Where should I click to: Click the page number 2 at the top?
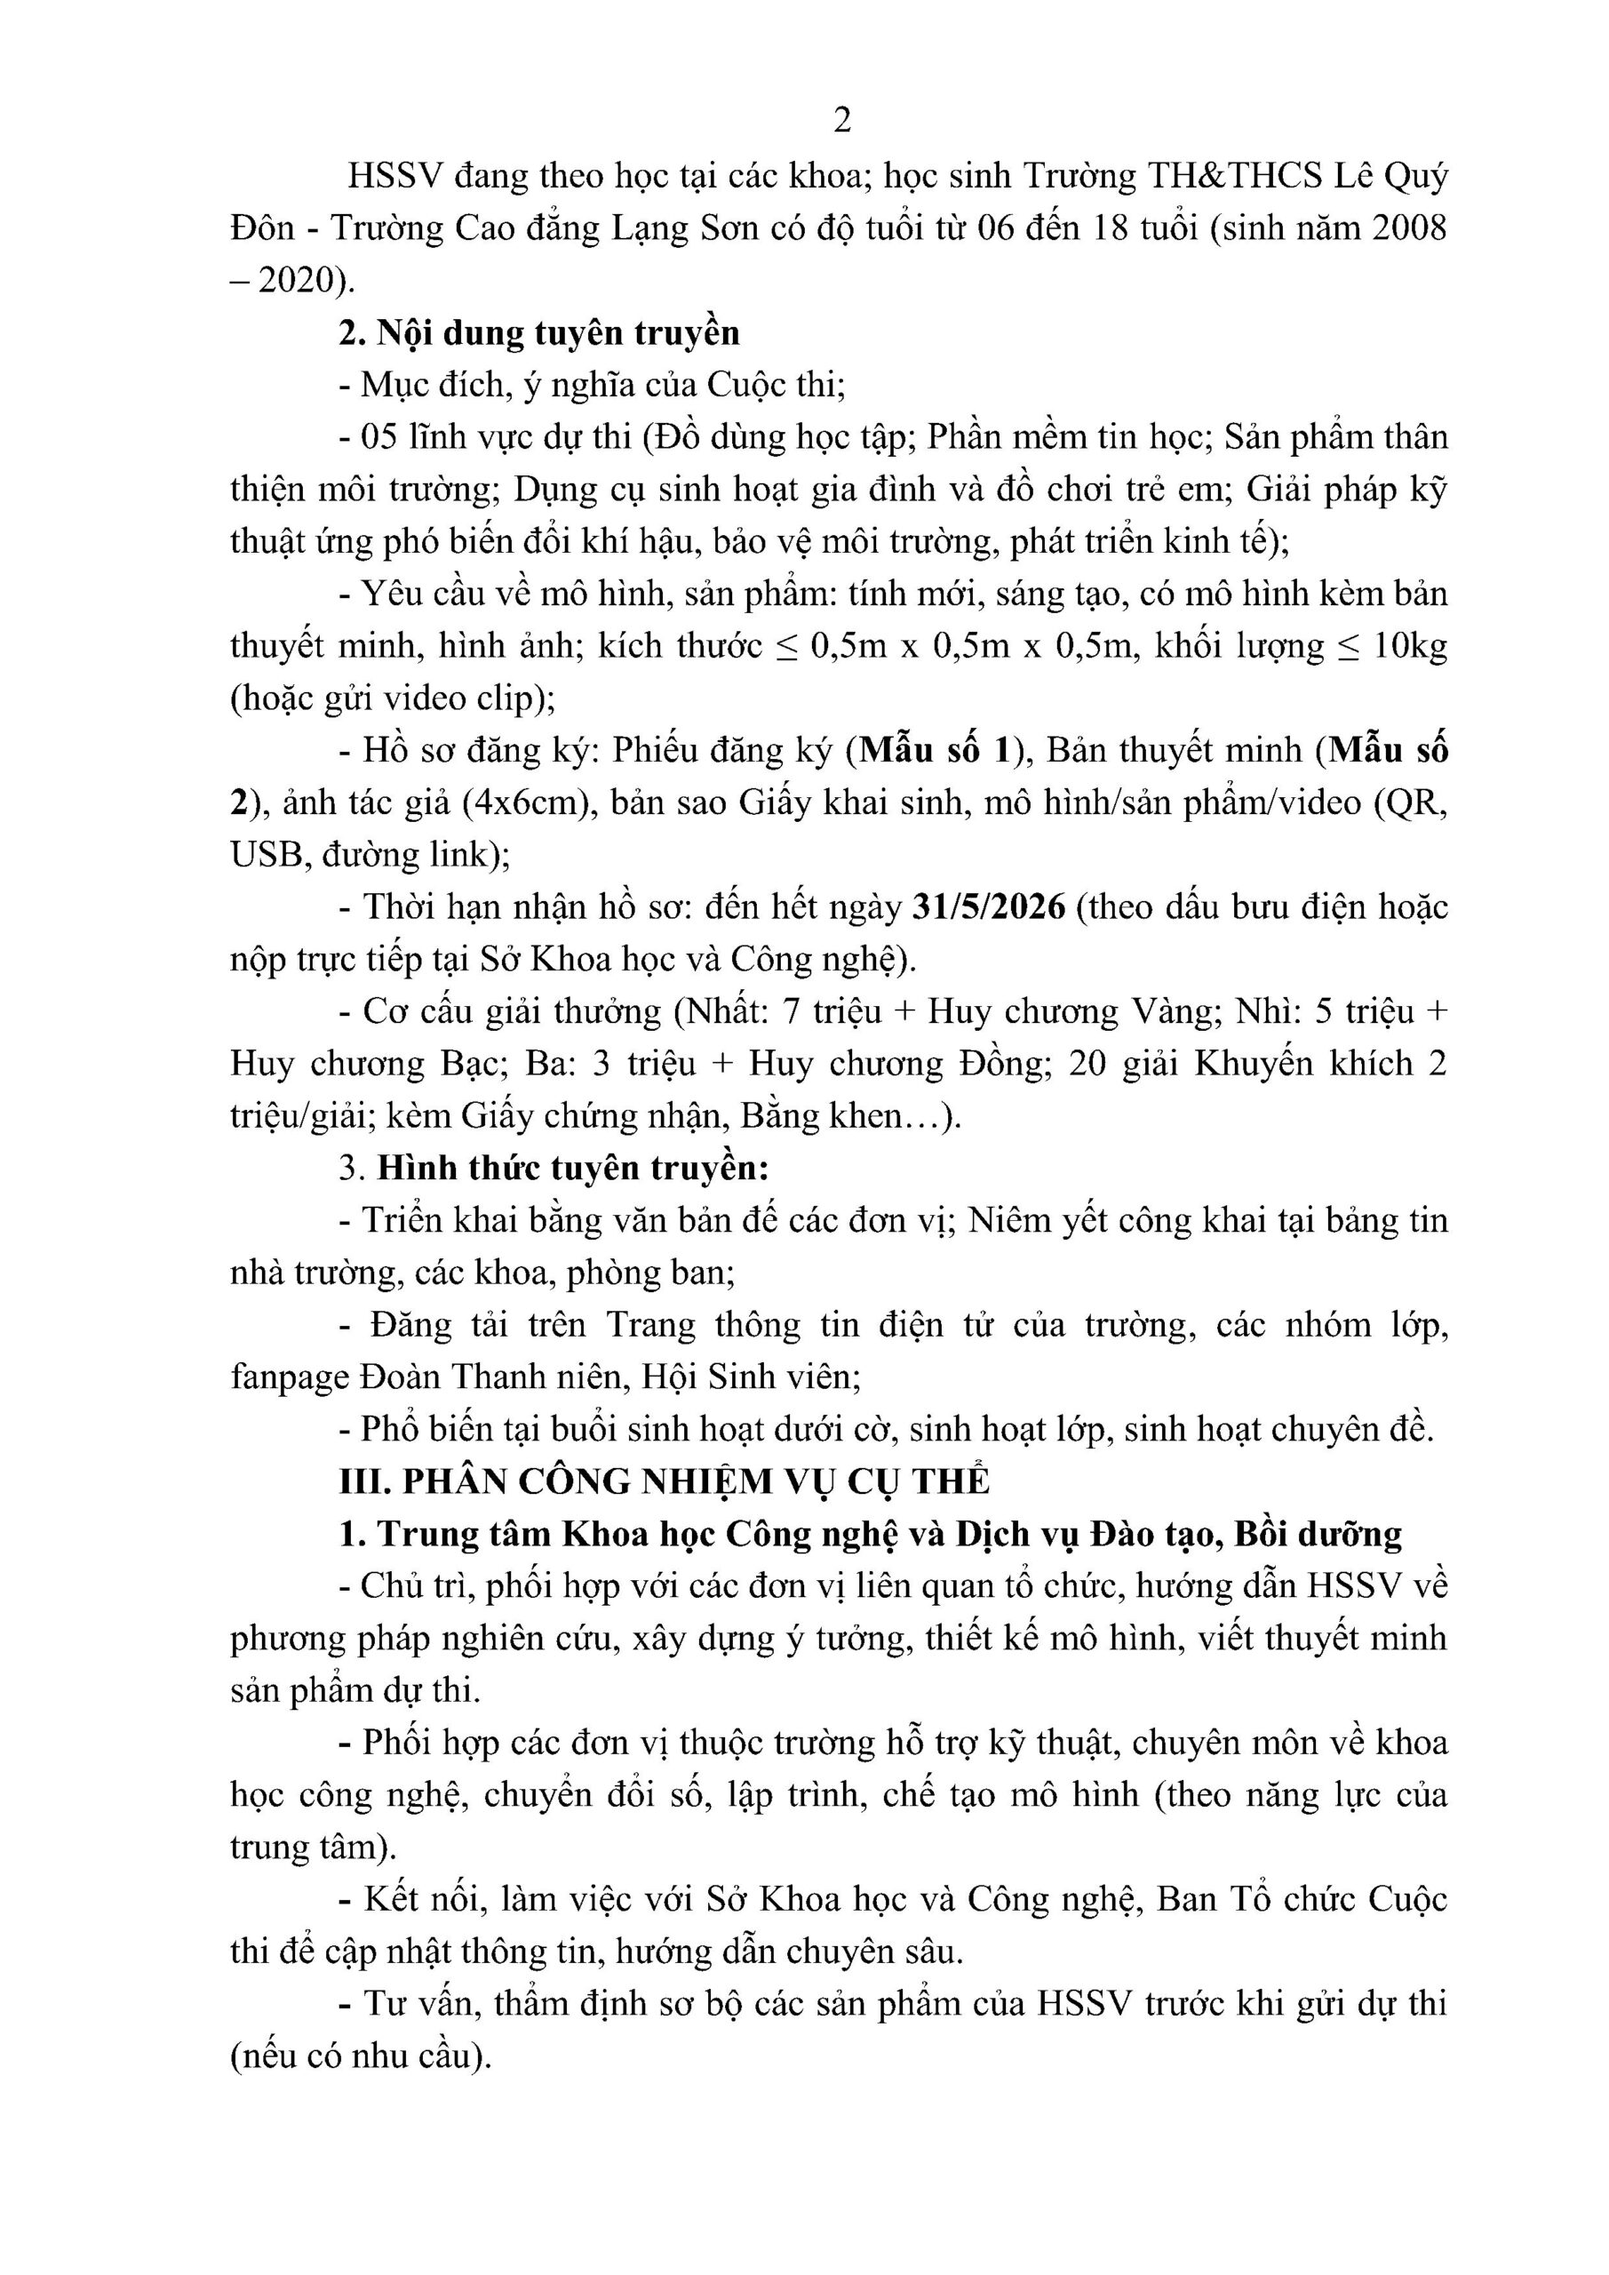[x=842, y=121]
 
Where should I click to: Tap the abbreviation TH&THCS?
[x=1236, y=176]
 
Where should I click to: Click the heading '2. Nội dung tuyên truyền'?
[x=539, y=333]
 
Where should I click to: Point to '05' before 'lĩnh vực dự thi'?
[x=379, y=437]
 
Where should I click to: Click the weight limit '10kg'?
[x=1411, y=646]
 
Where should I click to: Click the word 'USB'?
[x=265, y=855]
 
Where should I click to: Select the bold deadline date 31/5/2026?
[x=988, y=907]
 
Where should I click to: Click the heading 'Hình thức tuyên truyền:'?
[x=573, y=1169]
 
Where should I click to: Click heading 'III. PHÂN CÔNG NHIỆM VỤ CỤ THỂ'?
[x=664, y=1481]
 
